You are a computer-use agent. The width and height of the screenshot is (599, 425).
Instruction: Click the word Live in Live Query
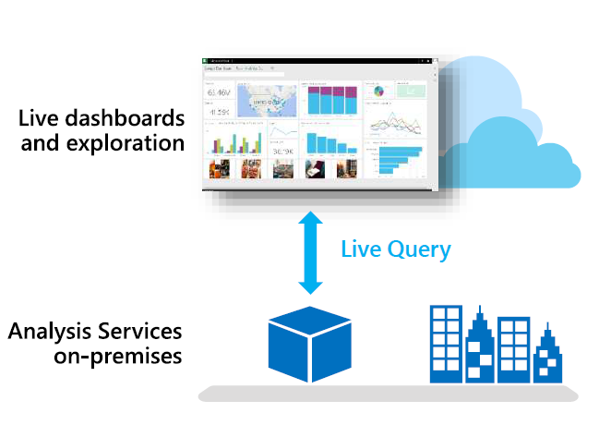(x=358, y=249)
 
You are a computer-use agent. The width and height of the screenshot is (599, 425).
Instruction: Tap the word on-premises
(x=117, y=356)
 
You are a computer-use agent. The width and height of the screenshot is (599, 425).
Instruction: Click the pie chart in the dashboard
(x=378, y=91)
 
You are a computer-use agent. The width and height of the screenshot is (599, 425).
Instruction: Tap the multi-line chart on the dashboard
(x=395, y=124)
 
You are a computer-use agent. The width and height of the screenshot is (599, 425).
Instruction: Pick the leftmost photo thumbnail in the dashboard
(x=220, y=168)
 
